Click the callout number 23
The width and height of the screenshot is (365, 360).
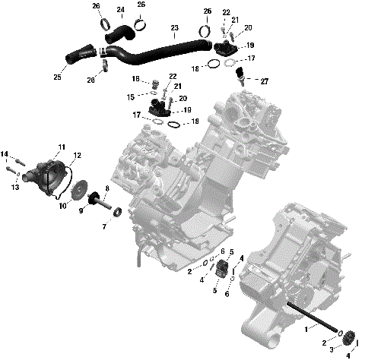click(175, 28)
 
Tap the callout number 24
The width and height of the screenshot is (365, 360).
click(121, 10)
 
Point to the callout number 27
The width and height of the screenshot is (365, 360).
click(264, 81)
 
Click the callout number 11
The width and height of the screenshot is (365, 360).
click(62, 147)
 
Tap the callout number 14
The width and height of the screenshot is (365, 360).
click(5, 155)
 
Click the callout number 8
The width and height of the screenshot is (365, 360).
click(107, 188)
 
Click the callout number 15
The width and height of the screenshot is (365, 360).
click(130, 96)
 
